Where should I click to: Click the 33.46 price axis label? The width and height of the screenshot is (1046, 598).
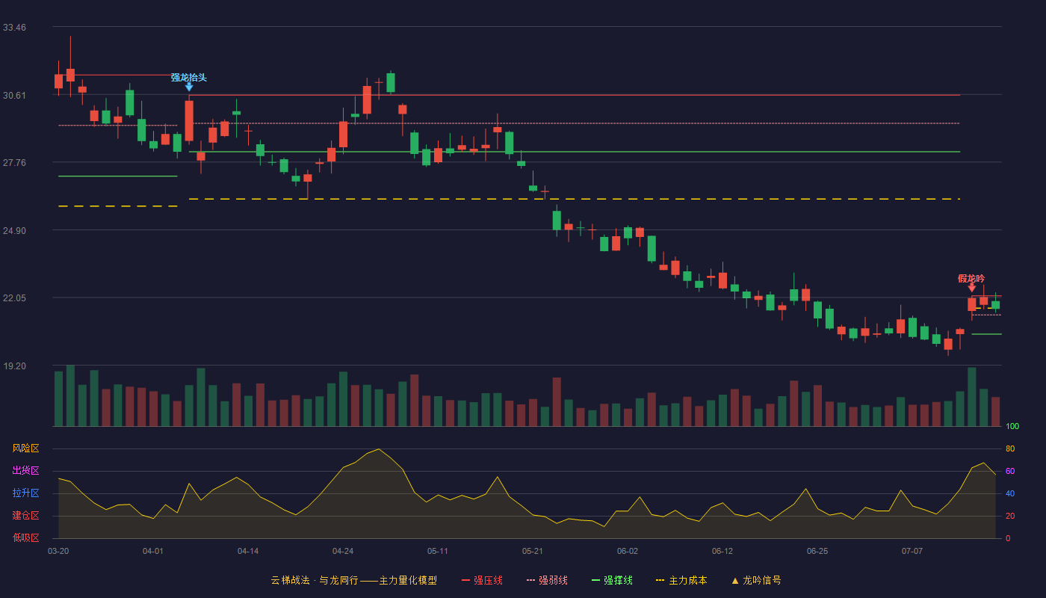pos(14,28)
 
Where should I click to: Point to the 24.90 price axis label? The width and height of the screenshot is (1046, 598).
pos(14,231)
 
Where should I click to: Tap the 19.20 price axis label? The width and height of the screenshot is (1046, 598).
pos(14,366)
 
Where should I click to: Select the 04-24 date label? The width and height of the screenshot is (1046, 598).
pos(343,552)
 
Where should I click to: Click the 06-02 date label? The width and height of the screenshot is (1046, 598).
pos(627,552)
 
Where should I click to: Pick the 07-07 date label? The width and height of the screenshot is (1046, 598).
pos(912,552)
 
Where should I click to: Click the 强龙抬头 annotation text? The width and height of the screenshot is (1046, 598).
pos(188,78)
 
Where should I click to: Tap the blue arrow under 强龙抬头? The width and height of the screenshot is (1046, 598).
pos(188,87)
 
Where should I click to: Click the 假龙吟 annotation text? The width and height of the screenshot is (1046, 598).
pos(971,279)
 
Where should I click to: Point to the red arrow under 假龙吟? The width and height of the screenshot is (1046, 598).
pos(972,288)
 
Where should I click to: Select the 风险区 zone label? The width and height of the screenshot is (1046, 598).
pos(25,449)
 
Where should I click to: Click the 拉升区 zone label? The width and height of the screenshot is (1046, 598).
pos(25,493)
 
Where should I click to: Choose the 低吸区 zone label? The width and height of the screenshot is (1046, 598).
pos(25,538)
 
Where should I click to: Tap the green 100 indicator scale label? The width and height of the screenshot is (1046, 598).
pos(1012,426)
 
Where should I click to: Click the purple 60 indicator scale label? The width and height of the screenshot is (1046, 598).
pos(1010,471)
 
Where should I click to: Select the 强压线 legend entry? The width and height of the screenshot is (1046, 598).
pos(482,580)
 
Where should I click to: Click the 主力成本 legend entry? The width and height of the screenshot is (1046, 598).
pos(681,580)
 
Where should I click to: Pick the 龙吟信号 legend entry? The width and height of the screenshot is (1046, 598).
pos(756,580)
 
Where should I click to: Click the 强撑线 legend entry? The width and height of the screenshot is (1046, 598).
pos(612,580)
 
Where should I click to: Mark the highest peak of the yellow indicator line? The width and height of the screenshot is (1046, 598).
pos(379,449)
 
